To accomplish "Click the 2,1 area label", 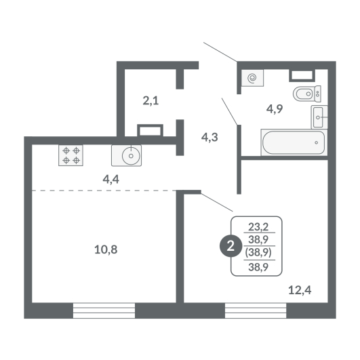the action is click(151, 101).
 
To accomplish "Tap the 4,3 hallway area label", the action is click(209, 138).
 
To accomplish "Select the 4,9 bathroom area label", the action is click(275, 109).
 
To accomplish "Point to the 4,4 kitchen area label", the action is click(111, 179).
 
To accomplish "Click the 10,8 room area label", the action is click(106, 249).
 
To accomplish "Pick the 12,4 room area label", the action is click(300, 290).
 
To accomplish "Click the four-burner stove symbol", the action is click(71, 155).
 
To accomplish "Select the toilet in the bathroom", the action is click(307, 94).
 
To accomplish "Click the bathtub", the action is click(294, 142).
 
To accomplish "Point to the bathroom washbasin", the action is click(319, 117).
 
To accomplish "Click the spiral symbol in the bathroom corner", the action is click(252, 78).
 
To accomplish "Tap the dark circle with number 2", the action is click(231, 246).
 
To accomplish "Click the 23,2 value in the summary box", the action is click(258, 227).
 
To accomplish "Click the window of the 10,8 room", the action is click(104, 311).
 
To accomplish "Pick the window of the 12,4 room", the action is click(256, 311).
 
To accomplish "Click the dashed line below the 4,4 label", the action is click(104, 191).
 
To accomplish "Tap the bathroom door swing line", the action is click(229, 111).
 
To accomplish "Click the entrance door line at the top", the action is click(220, 52).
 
